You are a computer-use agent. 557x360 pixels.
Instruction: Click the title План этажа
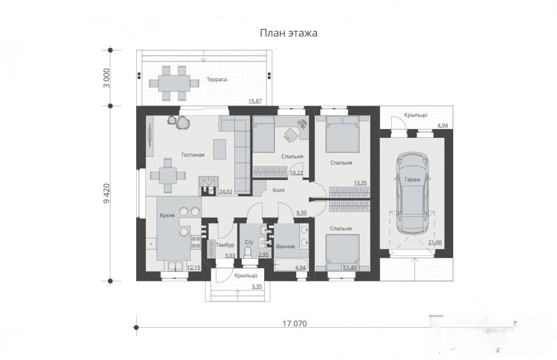pyautogui.click(x=288, y=33)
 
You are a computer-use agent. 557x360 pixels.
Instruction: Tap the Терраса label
pyautogui.click(x=217, y=80)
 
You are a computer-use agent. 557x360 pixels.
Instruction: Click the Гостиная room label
pyautogui.click(x=193, y=155)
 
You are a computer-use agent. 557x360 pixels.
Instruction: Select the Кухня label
pyautogui.click(x=167, y=215)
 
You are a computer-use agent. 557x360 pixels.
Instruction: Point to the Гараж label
pyautogui.click(x=413, y=180)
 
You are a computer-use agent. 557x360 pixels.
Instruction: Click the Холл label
pyautogui.click(x=278, y=190)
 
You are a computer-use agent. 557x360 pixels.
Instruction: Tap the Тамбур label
pyautogui.click(x=225, y=245)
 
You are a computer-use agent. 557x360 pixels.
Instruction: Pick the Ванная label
pyautogui.click(x=285, y=246)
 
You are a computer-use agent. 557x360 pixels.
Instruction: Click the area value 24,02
pyautogui.click(x=226, y=192)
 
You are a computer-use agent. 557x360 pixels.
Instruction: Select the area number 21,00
pyautogui.click(x=435, y=243)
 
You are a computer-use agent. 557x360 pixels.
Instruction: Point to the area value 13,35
pyautogui.click(x=360, y=183)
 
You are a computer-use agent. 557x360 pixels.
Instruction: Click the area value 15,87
pyautogui.click(x=255, y=101)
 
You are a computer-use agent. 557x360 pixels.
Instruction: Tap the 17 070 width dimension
pyautogui.click(x=294, y=324)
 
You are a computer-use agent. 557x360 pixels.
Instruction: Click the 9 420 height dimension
pyautogui.click(x=106, y=194)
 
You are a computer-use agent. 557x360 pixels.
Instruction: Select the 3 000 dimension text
pyautogui.click(x=106, y=78)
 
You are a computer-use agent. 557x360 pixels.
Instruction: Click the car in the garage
pyautogui.click(x=413, y=193)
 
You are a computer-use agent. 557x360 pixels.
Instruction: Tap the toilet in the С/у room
pyautogui.click(x=248, y=252)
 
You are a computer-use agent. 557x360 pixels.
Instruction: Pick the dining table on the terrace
pyautogui.click(x=174, y=83)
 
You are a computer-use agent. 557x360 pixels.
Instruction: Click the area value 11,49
pyautogui.click(x=350, y=267)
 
